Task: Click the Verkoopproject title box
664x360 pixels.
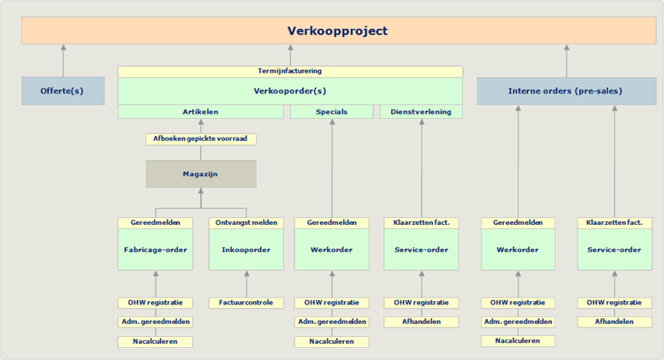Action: coord(339,31)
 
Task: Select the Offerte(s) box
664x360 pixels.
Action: coord(63,91)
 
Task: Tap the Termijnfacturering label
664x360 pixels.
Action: coord(290,71)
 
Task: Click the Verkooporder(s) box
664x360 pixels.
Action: coord(290,91)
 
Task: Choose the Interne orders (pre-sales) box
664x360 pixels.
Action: coord(566,91)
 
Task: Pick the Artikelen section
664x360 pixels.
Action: coord(201,112)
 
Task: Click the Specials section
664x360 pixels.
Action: coord(332,112)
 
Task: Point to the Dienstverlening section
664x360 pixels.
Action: coord(421,112)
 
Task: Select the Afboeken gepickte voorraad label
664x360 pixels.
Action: coord(201,139)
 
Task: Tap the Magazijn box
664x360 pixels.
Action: coord(201,174)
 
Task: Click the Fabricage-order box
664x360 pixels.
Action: coord(156,250)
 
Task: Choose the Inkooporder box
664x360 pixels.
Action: coord(246,250)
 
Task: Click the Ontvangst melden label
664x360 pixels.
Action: coord(246,223)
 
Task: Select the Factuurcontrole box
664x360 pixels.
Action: coord(246,303)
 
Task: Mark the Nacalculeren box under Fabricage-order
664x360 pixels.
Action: coord(156,342)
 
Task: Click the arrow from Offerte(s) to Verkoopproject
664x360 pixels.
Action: coord(63,61)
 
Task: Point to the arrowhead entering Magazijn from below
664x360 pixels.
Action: coord(201,192)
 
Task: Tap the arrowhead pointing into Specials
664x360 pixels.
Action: coord(332,121)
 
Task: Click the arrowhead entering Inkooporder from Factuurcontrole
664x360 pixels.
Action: coord(246,274)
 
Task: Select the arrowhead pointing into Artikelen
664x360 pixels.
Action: coord(201,121)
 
